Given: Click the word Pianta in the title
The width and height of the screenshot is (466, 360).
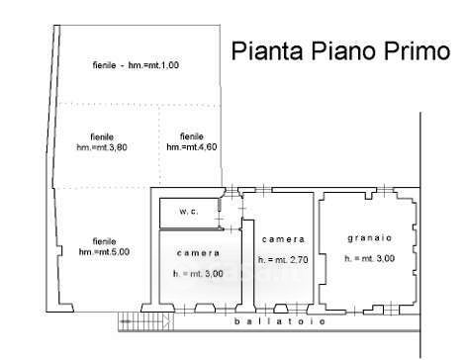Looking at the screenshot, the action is [x=267, y=50].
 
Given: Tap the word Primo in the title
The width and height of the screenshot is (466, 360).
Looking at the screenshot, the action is [x=417, y=50].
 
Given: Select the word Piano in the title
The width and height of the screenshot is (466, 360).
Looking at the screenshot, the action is [x=342, y=50].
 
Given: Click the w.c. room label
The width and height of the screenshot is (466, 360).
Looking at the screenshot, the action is [x=189, y=212].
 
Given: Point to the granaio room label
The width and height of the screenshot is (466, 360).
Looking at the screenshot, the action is [x=370, y=238].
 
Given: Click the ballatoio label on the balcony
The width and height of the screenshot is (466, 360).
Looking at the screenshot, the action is [x=280, y=320].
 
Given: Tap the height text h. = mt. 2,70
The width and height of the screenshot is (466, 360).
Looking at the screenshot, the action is [x=283, y=260].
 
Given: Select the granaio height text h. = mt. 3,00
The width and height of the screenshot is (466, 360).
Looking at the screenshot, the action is [x=369, y=258].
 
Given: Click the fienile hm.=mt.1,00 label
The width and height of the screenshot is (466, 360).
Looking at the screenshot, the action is [x=136, y=65].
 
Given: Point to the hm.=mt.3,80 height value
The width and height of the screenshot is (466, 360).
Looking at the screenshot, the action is [x=102, y=147].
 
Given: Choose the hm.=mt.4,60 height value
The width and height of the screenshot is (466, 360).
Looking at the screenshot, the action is [x=192, y=146].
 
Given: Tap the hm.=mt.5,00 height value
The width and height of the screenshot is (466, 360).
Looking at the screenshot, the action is [x=104, y=252].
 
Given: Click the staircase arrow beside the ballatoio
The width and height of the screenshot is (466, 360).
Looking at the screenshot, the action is [x=146, y=320].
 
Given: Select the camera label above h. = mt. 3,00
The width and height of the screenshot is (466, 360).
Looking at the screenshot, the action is [x=198, y=253].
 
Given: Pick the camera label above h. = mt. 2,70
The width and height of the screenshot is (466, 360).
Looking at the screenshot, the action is [x=283, y=239].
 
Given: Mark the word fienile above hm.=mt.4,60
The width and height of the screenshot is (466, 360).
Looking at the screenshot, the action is [x=192, y=136].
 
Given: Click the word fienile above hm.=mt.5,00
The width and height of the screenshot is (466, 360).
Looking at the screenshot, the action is [x=104, y=241].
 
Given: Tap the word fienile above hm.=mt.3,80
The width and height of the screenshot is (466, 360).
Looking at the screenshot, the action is [x=102, y=136].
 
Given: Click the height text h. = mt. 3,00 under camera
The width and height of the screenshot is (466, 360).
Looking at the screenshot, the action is [x=198, y=274].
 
